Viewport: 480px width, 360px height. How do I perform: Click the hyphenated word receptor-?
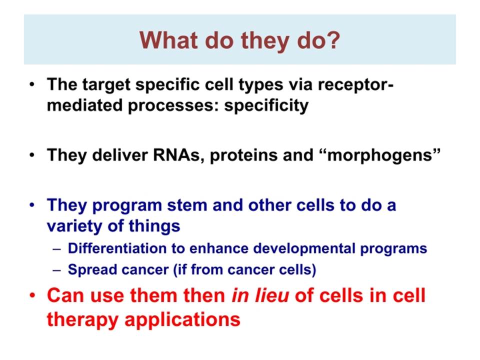click(355, 85)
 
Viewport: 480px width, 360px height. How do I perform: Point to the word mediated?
click(84, 105)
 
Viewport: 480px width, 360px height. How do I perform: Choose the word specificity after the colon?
click(266, 106)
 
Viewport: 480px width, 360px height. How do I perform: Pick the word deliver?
click(119, 154)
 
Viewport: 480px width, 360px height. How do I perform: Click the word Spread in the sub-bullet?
click(92, 270)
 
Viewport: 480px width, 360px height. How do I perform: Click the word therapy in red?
click(82, 320)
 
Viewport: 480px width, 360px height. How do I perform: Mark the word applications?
click(182, 320)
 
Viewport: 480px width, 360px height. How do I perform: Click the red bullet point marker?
click(32, 295)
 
